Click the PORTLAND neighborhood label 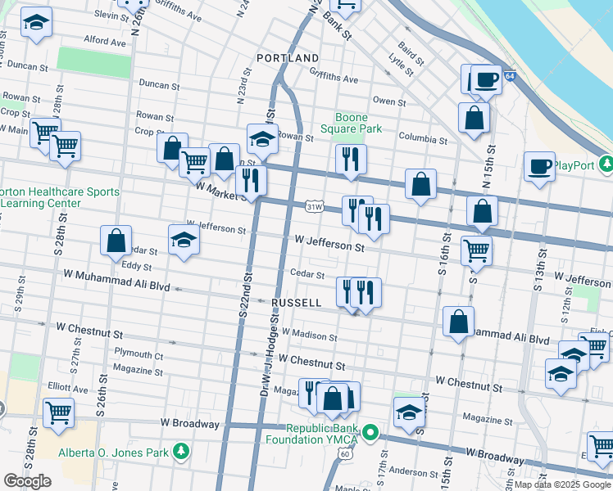pyautogui.click(x=287, y=59)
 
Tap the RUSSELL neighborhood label pyautogui.click(x=296, y=302)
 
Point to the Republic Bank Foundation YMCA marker pyautogui.click(x=370, y=433)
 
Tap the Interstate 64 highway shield pyautogui.click(x=510, y=76)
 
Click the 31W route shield pyautogui.click(x=313, y=207)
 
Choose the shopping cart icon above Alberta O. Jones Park pyautogui.click(x=58, y=412)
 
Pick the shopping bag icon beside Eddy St pyautogui.click(x=116, y=240)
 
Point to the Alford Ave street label pyautogui.click(x=104, y=40)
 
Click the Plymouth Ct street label pyautogui.click(x=138, y=356)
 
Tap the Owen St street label pyautogui.click(x=389, y=101)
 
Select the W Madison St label pyautogui.click(x=309, y=335)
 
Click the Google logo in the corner pyautogui.click(x=27, y=481)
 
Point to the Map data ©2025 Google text pyautogui.click(x=561, y=484)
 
